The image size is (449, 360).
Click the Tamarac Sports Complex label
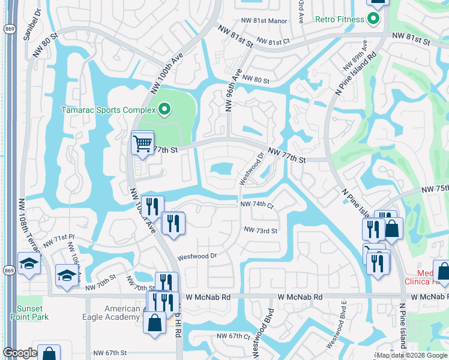(108, 110)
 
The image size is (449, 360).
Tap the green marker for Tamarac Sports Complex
(163, 109)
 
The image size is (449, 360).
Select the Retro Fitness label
(340, 19)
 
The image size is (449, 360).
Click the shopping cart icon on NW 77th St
(142, 143)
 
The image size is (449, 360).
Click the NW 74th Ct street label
(256, 205)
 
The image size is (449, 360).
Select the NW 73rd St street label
(261, 230)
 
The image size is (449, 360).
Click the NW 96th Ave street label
(233, 91)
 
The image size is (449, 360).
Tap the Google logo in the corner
(20, 353)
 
